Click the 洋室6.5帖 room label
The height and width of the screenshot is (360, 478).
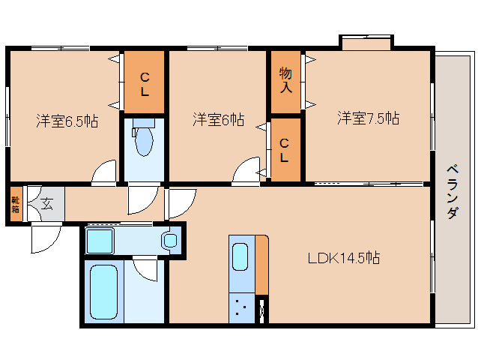(x=67, y=120)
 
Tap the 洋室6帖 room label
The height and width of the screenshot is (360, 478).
(x=218, y=118)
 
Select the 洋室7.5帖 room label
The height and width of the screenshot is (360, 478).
(x=367, y=118)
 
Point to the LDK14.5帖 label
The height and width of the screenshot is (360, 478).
(x=344, y=258)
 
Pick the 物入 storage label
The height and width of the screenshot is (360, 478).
(x=285, y=79)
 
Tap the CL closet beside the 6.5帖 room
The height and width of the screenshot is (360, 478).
(x=145, y=82)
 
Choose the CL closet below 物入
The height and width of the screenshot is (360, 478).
(x=285, y=150)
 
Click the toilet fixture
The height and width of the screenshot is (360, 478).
(x=143, y=139)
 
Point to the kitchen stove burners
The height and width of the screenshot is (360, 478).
(x=242, y=307)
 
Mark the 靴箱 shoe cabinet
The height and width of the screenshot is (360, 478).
(x=16, y=205)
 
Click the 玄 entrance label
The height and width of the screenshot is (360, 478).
(x=46, y=202)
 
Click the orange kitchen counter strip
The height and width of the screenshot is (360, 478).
(x=261, y=265)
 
